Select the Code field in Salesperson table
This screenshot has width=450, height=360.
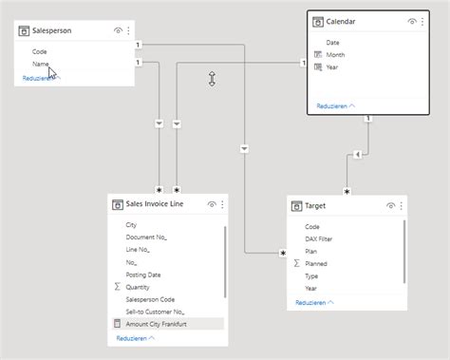coord(40,51)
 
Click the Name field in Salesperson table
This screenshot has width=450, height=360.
coord(41,64)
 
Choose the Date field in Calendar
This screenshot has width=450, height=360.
coord(333,43)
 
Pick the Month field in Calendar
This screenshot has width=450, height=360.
coord(336,55)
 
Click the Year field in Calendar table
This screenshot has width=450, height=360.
coord(333,67)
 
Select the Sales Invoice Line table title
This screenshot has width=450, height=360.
coord(155,203)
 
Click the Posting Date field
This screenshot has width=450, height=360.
coord(143,275)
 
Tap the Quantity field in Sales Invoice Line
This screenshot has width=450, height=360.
coord(139,287)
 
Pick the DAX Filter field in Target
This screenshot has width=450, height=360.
coord(319,238)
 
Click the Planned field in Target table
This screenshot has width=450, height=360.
coord(318,263)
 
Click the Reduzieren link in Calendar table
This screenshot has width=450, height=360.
coord(336,106)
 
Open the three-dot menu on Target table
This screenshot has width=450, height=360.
coord(403,204)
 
